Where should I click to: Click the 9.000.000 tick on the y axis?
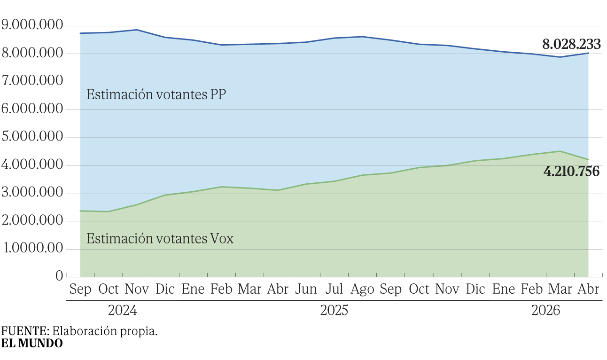coord(32,25)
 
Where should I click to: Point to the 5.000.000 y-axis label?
coord(32,137)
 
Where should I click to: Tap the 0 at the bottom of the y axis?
coord(59,276)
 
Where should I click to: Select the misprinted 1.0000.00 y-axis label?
coord(32,248)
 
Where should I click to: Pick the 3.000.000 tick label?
coord(32,193)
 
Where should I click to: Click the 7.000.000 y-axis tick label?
coord(32,81)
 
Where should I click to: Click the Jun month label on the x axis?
coord(306,289)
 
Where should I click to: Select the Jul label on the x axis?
coord(334,289)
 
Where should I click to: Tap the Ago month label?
coord(362,289)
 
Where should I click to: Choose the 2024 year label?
coord(122,311)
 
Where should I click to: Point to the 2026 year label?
coord(545,311)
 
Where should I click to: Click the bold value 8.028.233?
coord(571,45)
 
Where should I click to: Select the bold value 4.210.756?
coord(571,172)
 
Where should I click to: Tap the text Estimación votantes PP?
coord(156,94)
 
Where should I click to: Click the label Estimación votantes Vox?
coord(160,238)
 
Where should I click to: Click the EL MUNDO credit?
coord(32,343)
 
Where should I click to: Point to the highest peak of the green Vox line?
coord(560,151)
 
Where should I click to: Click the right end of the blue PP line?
coord(588,53)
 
